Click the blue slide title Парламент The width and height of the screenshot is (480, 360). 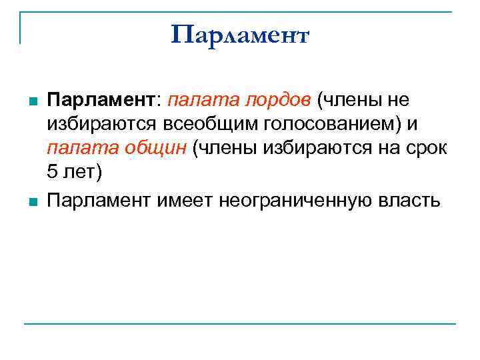240,34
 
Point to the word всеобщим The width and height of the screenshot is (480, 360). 215,124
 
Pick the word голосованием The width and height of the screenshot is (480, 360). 329,124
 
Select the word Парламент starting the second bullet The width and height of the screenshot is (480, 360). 100,199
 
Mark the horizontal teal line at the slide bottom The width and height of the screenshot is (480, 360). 240,324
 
